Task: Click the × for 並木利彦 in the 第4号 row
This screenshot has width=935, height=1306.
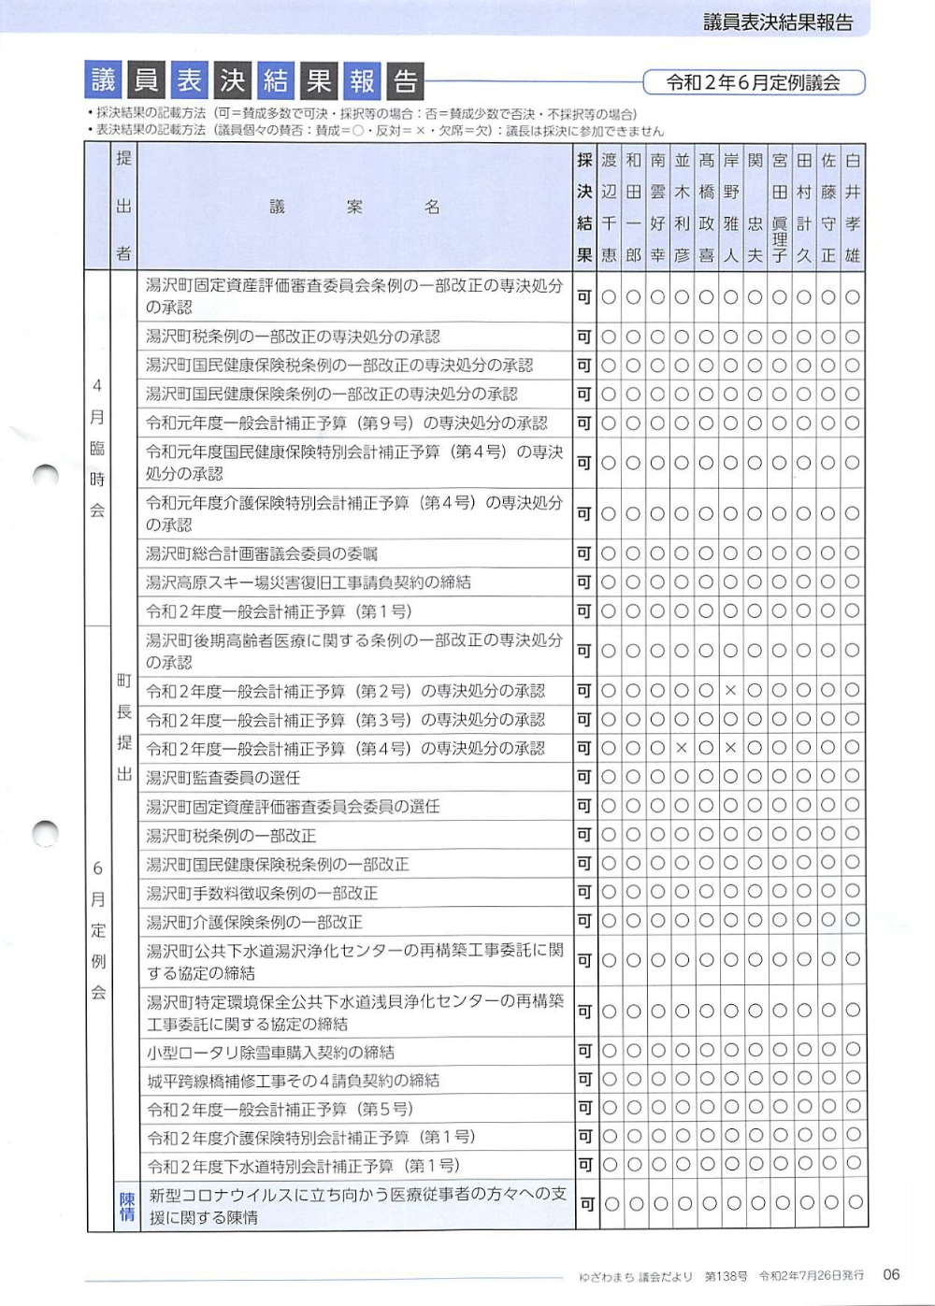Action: pos(682,748)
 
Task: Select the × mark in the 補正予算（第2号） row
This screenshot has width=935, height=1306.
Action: pos(730,691)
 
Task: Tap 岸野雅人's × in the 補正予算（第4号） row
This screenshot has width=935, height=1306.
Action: pos(730,748)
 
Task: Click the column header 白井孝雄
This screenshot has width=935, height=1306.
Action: pos(852,208)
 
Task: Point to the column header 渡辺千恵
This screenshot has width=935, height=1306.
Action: pos(609,208)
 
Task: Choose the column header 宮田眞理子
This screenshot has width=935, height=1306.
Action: pos(779,208)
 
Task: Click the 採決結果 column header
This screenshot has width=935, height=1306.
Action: pos(584,208)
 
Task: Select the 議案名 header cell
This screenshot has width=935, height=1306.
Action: pos(354,208)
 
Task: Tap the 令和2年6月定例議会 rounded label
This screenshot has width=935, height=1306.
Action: pos(753,82)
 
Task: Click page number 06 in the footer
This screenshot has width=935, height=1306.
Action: pos(891,1274)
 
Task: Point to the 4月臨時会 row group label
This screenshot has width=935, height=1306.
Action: pos(97,448)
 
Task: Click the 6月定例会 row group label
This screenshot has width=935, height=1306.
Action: pos(97,930)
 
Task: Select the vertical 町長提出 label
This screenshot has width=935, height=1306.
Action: pos(124,727)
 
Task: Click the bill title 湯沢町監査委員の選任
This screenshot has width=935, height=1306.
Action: pos(223,778)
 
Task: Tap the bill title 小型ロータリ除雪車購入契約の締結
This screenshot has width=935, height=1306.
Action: pos(270,1053)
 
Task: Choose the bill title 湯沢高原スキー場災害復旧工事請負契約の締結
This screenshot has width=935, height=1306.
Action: pos(309,582)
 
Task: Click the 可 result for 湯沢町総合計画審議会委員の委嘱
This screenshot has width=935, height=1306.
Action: pos(584,553)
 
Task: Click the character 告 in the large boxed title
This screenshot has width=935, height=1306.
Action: pos(405,81)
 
